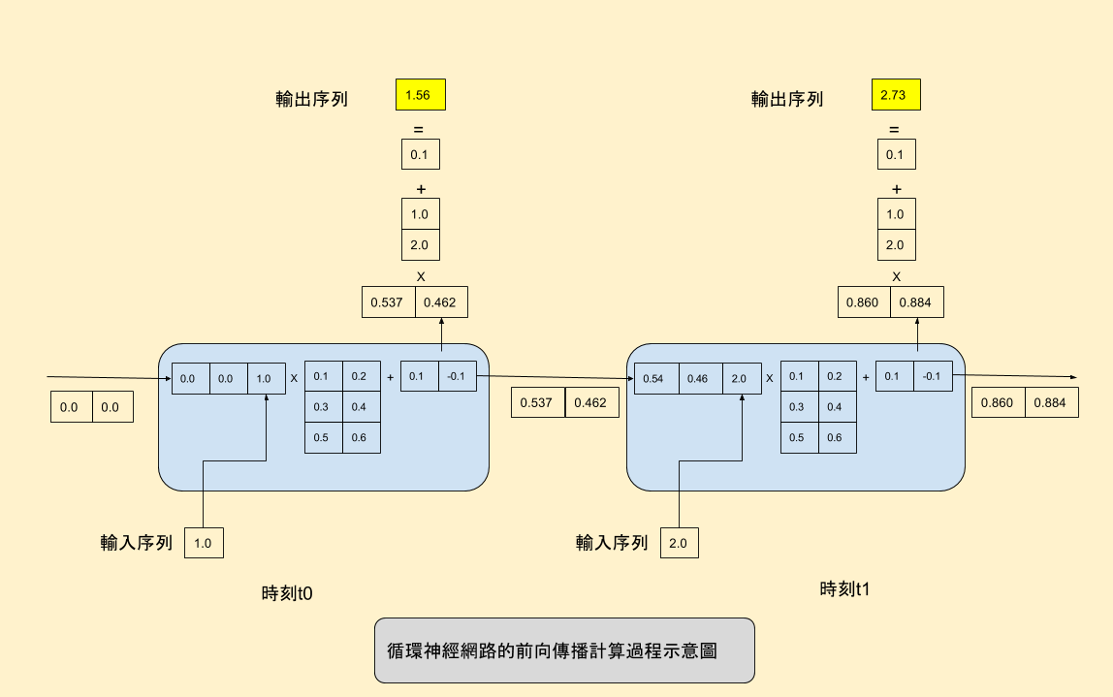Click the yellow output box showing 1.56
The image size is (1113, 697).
click(420, 95)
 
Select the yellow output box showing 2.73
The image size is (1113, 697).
click(896, 95)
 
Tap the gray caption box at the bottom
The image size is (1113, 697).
click(563, 650)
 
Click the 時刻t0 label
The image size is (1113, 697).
click(287, 593)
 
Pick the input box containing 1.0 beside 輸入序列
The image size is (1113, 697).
click(204, 543)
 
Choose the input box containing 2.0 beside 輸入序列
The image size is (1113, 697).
click(679, 543)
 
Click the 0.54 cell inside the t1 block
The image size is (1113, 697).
click(653, 378)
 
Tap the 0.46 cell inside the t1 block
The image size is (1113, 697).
click(697, 378)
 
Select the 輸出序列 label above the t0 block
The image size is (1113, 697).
click(311, 99)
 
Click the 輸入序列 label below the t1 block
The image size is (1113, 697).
click(612, 543)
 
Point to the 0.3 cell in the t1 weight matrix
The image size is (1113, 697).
click(798, 407)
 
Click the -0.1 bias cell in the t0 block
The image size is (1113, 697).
click(457, 376)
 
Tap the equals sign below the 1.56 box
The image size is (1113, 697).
click(419, 130)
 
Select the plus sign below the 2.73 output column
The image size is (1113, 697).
click(897, 189)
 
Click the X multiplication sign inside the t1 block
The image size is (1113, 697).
click(769, 378)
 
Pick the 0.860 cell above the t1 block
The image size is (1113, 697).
click(862, 302)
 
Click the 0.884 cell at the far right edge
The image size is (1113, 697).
click(1051, 402)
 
